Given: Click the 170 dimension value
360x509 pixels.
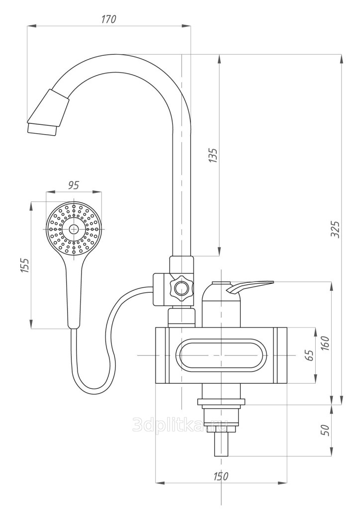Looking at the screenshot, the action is [108, 19].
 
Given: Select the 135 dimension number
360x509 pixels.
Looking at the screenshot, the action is [213, 156].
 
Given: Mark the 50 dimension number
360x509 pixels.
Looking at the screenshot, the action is [326, 430].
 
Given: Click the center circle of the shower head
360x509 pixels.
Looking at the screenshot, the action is [74, 229].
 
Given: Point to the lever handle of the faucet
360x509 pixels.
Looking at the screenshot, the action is [250, 287].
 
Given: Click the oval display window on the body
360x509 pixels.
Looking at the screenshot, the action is [221, 355].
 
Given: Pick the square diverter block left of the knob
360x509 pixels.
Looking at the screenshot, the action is [161, 289].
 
